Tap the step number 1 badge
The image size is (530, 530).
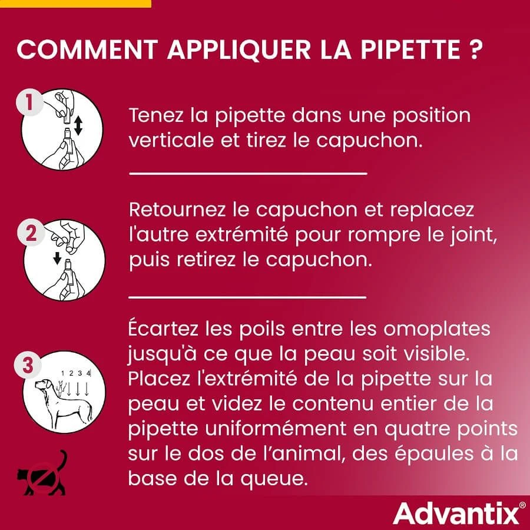[x=27, y=104]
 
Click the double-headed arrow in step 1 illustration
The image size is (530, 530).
[x=78, y=125]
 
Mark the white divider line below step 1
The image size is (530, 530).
[x=247, y=174]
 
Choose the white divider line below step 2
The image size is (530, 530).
[x=247, y=297]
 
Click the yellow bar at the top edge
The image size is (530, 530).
[x=75, y=3]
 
